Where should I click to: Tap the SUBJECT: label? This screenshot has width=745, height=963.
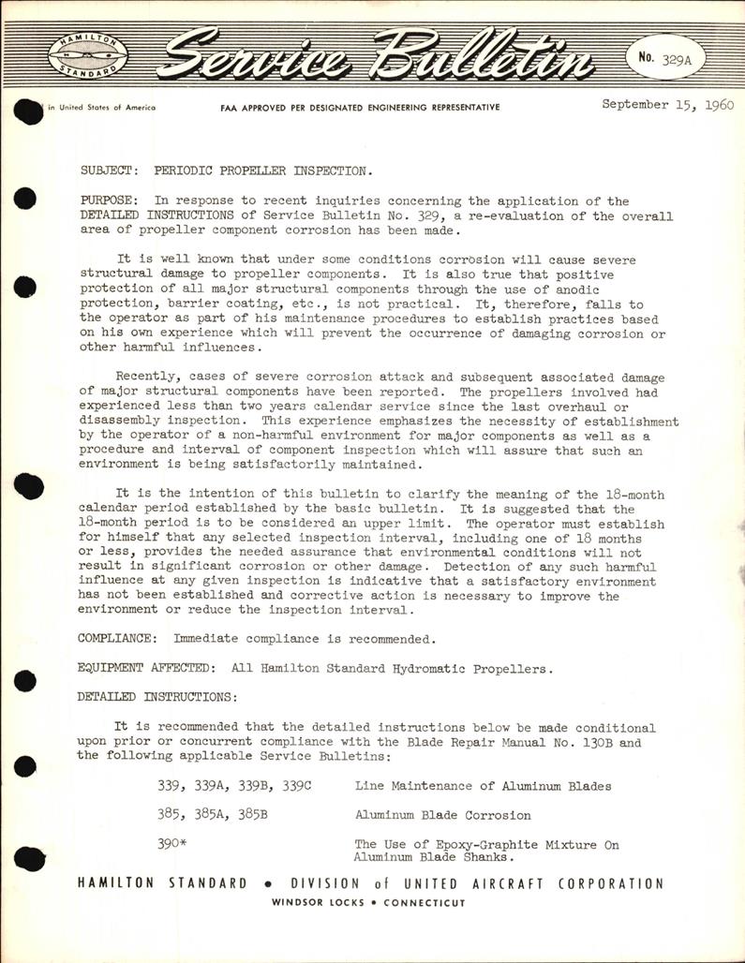pos(107,171)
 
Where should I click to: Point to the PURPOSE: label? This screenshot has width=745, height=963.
pos(111,201)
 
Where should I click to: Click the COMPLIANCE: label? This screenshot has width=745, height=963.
pos(118,640)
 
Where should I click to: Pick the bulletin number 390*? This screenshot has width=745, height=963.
pos(173,844)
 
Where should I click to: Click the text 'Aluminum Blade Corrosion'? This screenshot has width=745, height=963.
pos(442,815)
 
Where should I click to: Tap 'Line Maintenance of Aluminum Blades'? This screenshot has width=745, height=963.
pos(483,786)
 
